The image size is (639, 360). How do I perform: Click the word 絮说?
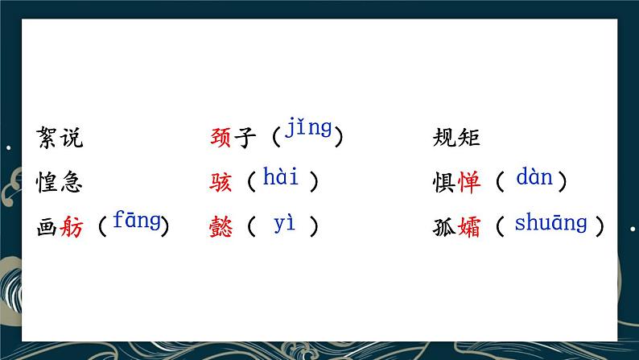coord(60,139)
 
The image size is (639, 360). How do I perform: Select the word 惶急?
coord(60,183)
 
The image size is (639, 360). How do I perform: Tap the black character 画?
coord(48,228)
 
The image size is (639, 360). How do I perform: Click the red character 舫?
coord(72,228)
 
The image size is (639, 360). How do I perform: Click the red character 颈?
coord(220,139)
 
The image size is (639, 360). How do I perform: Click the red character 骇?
coord(220,183)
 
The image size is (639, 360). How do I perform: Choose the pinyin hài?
coord(280,179)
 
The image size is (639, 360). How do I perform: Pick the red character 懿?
coord(220,228)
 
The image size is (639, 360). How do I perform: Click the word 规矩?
coord(456,139)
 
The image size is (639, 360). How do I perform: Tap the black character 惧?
coord(444,183)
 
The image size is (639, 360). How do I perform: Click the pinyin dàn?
coord(534,177)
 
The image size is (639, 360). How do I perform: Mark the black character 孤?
coord(444,228)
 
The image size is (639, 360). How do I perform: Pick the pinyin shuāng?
coord(550,224)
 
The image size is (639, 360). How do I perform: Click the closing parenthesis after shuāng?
coord(599,228)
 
